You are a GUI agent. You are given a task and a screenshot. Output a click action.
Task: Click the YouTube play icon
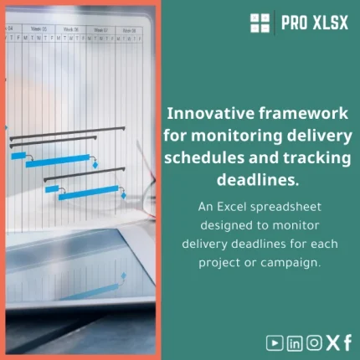(275, 342)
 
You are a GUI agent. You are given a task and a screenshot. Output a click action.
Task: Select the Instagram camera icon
(314, 342)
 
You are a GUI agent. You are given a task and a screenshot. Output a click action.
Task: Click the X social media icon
(332, 342)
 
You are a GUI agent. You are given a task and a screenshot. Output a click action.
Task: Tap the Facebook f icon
(347, 342)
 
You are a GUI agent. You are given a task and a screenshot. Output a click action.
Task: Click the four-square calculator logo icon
(260, 23)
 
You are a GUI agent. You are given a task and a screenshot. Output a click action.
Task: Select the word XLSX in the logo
(330, 23)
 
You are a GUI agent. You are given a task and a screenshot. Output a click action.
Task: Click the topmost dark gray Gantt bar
(67, 129)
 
